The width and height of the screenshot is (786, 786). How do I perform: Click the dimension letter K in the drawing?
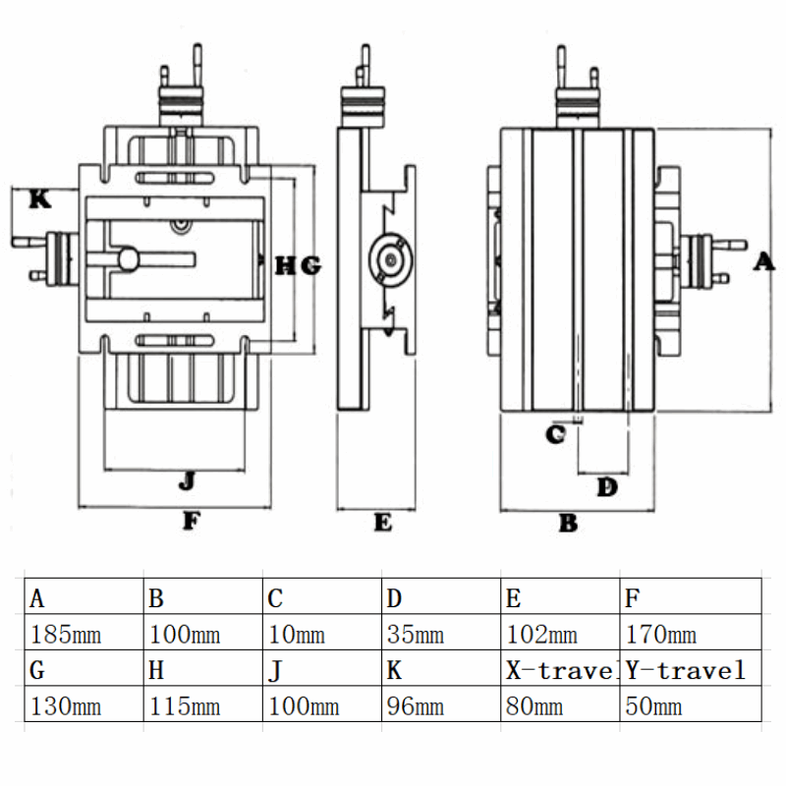[x=39, y=199]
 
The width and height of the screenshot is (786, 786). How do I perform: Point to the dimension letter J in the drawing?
[x=187, y=480]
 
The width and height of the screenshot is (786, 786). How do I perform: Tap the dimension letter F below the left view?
[x=191, y=522]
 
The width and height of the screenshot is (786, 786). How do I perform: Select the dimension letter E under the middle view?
[x=382, y=523]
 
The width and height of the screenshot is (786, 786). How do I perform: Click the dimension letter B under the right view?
[x=568, y=524]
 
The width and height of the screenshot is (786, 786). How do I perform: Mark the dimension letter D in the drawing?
[x=608, y=486]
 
